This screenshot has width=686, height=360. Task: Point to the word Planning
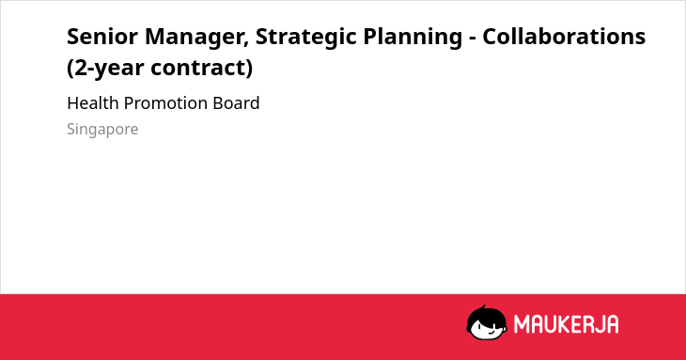pyautogui.click(x=413, y=38)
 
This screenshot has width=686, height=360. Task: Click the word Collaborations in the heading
pyautogui.click(x=564, y=36)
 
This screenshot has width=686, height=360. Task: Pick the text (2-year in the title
pyautogui.click(x=105, y=69)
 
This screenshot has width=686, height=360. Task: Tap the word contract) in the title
pyautogui.click(x=202, y=69)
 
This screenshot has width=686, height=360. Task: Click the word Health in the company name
pyautogui.click(x=93, y=103)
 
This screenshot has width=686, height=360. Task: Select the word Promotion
pyautogui.click(x=165, y=104)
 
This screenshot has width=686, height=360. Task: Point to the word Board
pyautogui.click(x=236, y=103)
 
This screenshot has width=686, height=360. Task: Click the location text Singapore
pyautogui.click(x=102, y=130)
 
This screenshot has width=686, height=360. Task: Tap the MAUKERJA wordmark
pyautogui.click(x=566, y=324)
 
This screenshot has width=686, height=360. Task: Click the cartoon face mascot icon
pyautogui.click(x=487, y=323)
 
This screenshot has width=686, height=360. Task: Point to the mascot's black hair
pyautogui.click(x=486, y=314)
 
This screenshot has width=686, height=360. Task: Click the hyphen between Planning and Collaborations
pyautogui.click(x=473, y=39)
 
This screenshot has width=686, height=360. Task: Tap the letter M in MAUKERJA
pyautogui.click(x=521, y=324)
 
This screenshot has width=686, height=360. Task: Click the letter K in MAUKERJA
pyautogui.click(x=563, y=324)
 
